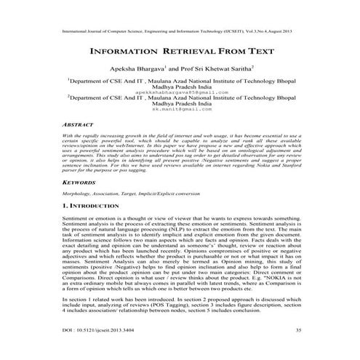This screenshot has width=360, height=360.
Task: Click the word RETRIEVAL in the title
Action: pyautogui.click(x=184, y=53)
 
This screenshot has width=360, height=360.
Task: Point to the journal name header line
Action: pyautogui.click(x=180, y=33)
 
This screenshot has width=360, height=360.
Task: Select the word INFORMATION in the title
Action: pyautogui.click(x=121, y=53)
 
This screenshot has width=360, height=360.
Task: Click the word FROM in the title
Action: pyautogui.click(x=229, y=53)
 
